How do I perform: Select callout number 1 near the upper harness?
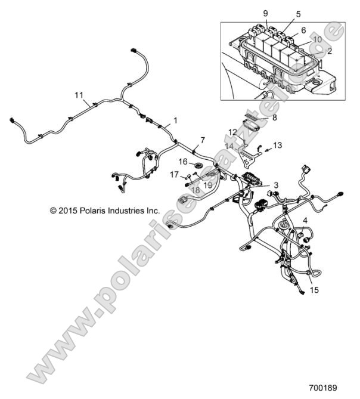pyautogui.click(x=175, y=121)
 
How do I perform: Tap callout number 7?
pyautogui.click(x=185, y=140)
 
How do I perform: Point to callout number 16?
pyautogui.click(x=183, y=161)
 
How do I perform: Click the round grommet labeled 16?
pyautogui.click(x=198, y=163)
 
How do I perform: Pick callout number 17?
pyautogui.click(x=175, y=174)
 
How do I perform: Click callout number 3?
pyautogui.click(x=275, y=185)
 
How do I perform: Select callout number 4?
pyautogui.click(x=305, y=221)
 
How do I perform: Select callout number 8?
pyautogui.click(x=274, y=119)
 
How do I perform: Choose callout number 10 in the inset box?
pyautogui.click(x=318, y=39)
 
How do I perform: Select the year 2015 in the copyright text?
pyautogui.click(x=67, y=211)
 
